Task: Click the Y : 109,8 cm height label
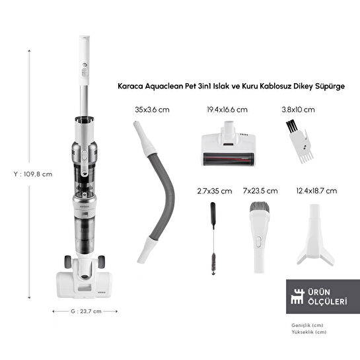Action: [x=33, y=174]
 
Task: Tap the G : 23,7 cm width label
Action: [x=86, y=311]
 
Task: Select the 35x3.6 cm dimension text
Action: [x=152, y=110]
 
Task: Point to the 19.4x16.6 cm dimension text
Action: [x=227, y=110]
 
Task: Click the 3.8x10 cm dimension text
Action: [x=299, y=110]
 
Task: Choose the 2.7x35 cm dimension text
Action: [x=215, y=191]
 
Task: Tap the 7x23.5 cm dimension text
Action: [x=260, y=190]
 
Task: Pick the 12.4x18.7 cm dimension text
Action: [x=316, y=190]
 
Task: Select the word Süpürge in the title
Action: [x=330, y=87]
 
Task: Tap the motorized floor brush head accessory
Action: [x=228, y=144]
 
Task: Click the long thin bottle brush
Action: [x=213, y=238]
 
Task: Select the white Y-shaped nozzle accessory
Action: [x=316, y=235]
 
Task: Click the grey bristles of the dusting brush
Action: [x=260, y=207]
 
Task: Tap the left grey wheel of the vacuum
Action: [x=68, y=262]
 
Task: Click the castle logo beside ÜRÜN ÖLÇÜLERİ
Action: [x=297, y=297]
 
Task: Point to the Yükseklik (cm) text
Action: [x=308, y=332]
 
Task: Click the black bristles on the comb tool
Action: [x=291, y=126]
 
